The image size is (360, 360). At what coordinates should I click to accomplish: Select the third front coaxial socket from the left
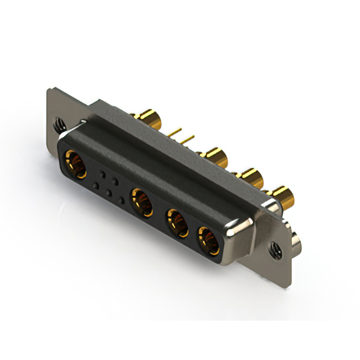click(177, 222)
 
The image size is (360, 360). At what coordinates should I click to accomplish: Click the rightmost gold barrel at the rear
click(285, 196)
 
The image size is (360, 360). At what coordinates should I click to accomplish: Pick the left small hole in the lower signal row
click(96, 186)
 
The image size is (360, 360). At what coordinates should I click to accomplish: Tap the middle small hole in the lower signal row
click(109, 193)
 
